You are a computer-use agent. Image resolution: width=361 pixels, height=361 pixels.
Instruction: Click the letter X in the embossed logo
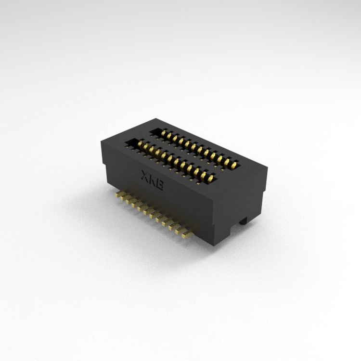pos(145,175)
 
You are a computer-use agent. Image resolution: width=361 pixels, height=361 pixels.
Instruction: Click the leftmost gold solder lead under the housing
pos(118,194)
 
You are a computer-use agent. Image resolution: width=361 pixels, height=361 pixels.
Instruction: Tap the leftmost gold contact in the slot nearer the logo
pos(140,144)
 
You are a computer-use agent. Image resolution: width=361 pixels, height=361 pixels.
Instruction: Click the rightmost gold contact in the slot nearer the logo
pos(211,178)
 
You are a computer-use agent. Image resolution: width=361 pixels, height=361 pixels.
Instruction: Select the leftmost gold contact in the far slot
pos(164,133)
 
